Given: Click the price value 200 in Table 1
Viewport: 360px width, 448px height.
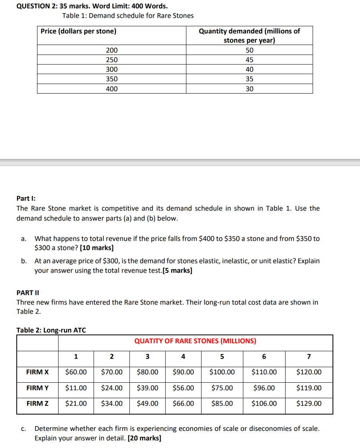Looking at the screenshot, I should coord(112,51).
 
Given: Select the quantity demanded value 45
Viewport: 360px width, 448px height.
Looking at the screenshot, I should coord(249,60).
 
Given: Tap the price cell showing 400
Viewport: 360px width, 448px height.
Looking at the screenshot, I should coord(112,89).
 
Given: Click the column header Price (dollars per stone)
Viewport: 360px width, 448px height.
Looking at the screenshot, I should coord(78,31).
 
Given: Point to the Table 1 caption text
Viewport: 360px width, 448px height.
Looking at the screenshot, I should coord(128,16).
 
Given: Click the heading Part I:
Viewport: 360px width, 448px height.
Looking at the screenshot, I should coord(26,198).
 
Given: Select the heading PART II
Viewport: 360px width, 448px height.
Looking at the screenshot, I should coord(27,293).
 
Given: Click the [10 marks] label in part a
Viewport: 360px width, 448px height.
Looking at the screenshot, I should coord(96,248).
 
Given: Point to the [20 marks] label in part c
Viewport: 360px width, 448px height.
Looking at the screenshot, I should coord(144,438).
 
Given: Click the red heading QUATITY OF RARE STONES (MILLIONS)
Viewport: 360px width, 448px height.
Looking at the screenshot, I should coord(195,341).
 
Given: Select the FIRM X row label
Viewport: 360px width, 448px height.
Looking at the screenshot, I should coord(37,372).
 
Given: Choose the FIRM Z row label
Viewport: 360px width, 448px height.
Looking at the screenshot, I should coord(37,404).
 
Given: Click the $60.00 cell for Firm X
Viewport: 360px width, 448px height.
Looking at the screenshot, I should coord(76,372).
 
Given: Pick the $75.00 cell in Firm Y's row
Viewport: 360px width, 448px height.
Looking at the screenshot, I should coord(222,388).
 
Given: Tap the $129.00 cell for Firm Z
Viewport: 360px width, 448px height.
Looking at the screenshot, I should coord(309,404).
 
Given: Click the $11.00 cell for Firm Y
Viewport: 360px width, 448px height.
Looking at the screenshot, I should coord(76,388).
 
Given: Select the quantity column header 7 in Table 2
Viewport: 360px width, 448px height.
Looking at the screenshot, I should coord(309,356).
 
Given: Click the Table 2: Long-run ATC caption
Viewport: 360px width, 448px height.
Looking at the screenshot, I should coord(51,330).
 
